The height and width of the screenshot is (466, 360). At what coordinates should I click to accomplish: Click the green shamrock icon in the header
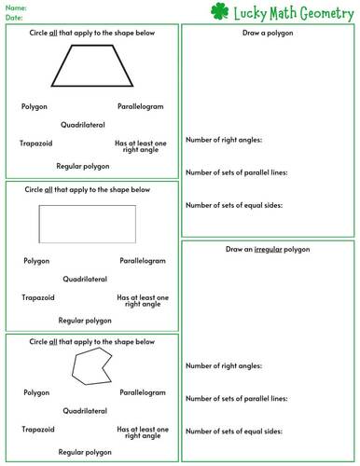click(219, 11)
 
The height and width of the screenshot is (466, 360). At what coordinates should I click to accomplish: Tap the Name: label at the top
click(16, 7)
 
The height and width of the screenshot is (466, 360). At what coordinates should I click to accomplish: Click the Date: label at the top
click(15, 16)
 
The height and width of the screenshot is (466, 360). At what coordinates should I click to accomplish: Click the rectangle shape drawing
click(87, 224)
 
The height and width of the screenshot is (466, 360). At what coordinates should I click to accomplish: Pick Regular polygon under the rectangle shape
click(85, 320)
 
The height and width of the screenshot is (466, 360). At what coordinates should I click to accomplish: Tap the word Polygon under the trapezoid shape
click(35, 106)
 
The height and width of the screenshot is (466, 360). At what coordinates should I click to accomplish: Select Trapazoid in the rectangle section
click(38, 297)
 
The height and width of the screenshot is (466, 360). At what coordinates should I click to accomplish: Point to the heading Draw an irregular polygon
click(267, 250)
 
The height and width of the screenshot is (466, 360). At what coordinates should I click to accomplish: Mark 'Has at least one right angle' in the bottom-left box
click(142, 433)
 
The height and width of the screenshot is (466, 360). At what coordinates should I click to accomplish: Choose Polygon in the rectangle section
click(36, 261)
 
